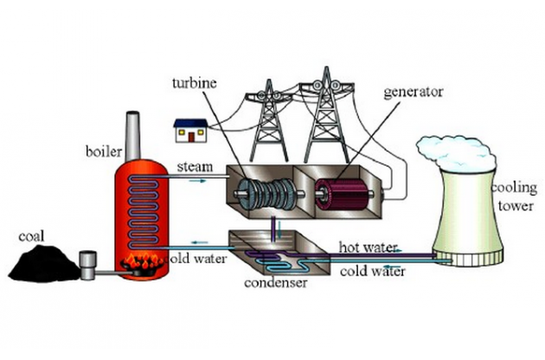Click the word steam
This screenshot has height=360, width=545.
pyautogui.click(x=191, y=165)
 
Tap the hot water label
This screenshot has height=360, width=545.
pyautogui.click(x=366, y=247)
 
